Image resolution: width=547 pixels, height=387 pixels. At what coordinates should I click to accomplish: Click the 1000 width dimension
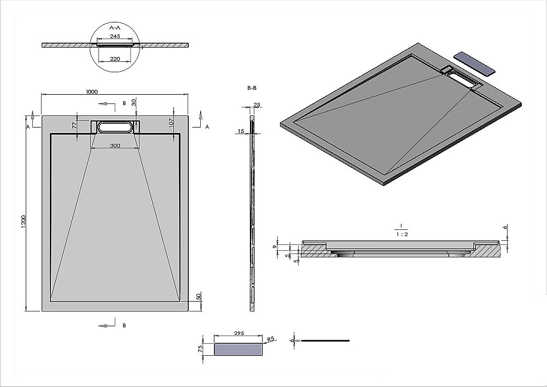[x=92, y=92]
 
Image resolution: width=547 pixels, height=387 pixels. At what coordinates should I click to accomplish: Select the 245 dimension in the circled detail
[x=115, y=36]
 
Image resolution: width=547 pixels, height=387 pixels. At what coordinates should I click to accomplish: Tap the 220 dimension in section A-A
[x=114, y=58]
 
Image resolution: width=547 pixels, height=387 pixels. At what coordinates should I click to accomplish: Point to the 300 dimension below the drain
[x=115, y=146]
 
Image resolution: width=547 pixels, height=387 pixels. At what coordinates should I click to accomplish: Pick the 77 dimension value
[x=74, y=125]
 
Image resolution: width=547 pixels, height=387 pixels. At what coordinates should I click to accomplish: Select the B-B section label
[x=252, y=88]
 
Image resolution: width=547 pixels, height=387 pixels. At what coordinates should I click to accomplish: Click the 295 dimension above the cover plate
[x=239, y=333]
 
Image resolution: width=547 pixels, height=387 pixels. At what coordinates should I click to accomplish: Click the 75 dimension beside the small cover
[x=201, y=348]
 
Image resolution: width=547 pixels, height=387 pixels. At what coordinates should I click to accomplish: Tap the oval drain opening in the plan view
[x=115, y=127]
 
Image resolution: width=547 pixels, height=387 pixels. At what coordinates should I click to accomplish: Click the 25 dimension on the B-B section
[x=257, y=105]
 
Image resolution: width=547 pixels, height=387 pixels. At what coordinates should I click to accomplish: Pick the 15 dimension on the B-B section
[x=241, y=131]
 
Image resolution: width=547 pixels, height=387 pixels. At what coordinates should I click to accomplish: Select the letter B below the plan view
[x=124, y=325]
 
